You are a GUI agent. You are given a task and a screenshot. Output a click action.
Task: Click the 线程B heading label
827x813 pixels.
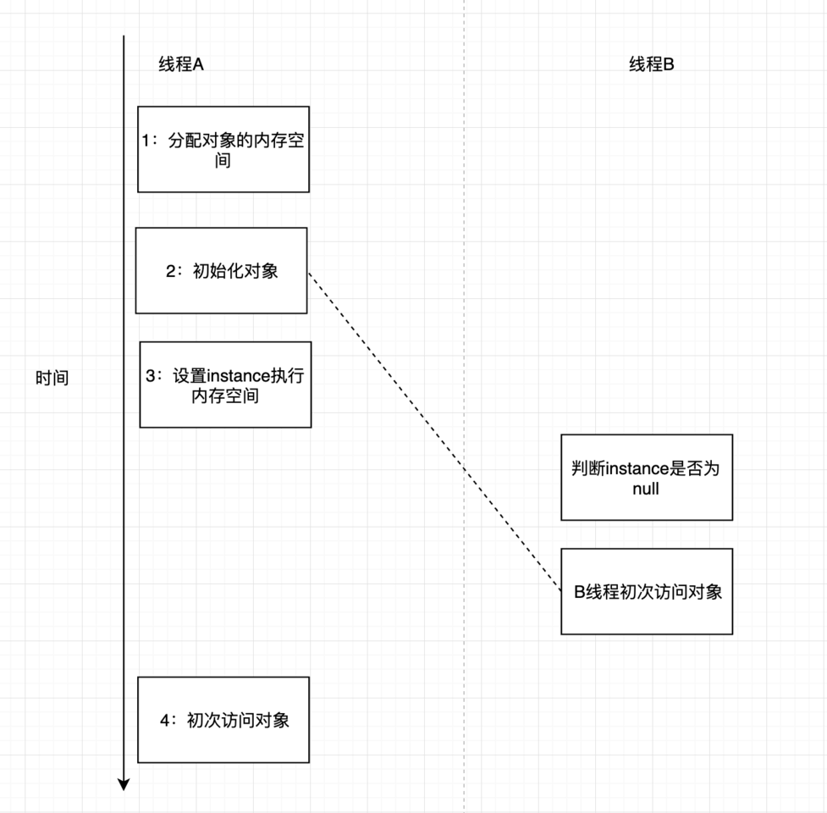[x=651, y=64]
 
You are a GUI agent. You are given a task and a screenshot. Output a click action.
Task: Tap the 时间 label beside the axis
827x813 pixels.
[x=52, y=379]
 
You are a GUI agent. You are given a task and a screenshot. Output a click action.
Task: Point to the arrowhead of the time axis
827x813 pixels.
[x=124, y=784]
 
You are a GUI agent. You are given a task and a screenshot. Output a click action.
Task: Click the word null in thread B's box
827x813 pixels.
[x=645, y=489]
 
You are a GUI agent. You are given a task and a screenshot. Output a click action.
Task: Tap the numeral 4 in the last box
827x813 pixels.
[x=164, y=721]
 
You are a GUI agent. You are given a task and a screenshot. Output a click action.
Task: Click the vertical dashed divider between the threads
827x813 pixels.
[x=464, y=212]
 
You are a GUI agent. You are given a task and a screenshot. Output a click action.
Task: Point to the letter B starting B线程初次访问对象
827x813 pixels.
[x=580, y=592]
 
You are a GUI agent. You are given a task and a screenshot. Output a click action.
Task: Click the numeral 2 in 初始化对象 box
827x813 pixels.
[x=170, y=272]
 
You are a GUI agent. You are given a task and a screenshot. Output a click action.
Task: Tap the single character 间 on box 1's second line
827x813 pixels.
[x=223, y=160]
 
